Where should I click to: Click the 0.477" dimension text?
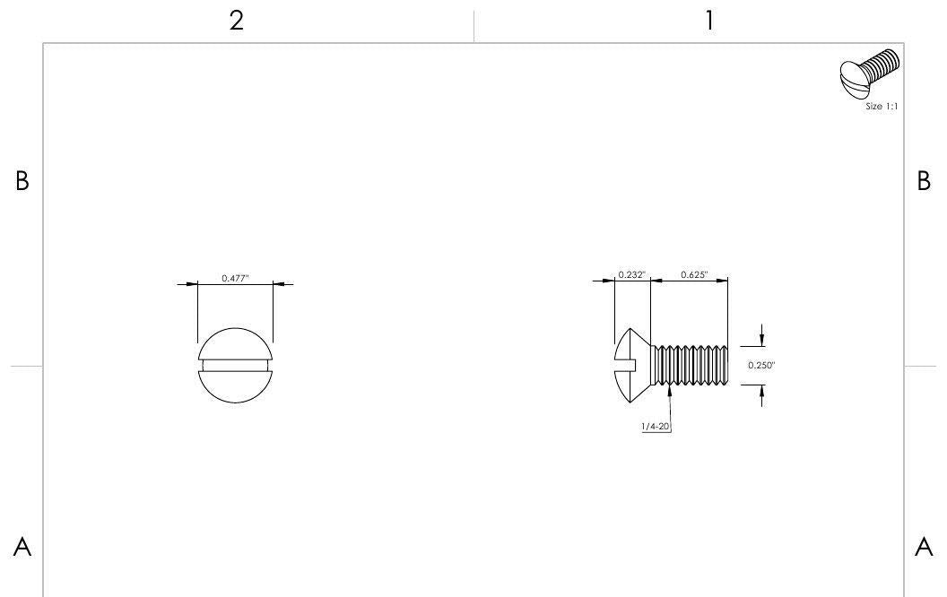tap(235, 278)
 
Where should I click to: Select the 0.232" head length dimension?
tap(631, 274)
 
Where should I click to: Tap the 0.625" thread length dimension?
tap(694, 274)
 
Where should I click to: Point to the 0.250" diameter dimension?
tap(761, 365)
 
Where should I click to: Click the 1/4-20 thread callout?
tap(656, 426)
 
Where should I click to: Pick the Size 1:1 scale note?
tap(882, 107)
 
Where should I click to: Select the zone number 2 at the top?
tap(236, 22)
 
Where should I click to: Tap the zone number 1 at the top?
tap(709, 22)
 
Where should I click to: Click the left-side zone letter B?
tap(22, 180)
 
